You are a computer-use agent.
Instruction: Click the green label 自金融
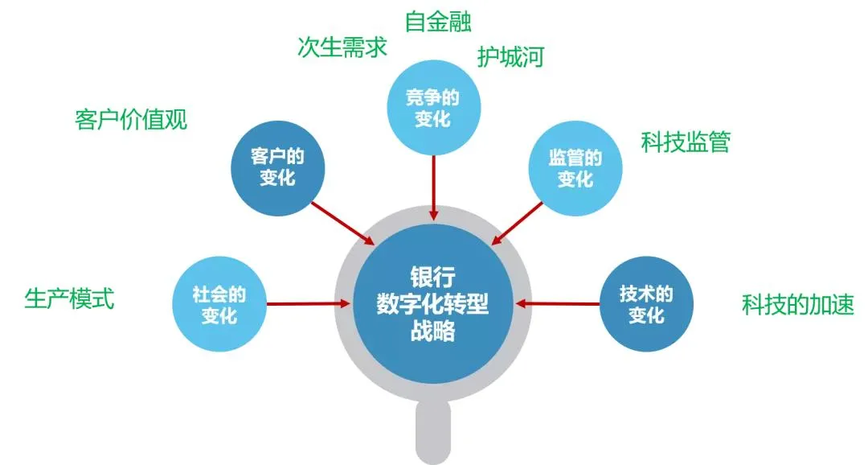point(438,21)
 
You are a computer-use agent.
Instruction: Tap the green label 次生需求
point(342,47)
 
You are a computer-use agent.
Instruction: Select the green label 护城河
point(511,57)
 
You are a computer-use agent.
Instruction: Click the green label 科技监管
point(686,142)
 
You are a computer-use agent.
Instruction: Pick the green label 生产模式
point(70,299)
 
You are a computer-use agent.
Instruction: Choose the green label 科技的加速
point(797,304)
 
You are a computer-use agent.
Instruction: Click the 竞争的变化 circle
point(434,108)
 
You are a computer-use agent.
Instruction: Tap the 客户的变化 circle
point(278,167)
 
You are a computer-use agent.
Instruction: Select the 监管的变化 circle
point(575,167)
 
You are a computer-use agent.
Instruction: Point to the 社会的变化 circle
point(219,303)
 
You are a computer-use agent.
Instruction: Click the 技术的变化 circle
point(647,303)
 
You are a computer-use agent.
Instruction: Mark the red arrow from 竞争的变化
point(434,187)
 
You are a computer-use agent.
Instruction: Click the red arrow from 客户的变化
point(342,222)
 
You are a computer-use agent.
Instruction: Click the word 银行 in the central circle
point(433,274)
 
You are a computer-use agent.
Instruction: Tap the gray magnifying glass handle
point(433,435)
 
